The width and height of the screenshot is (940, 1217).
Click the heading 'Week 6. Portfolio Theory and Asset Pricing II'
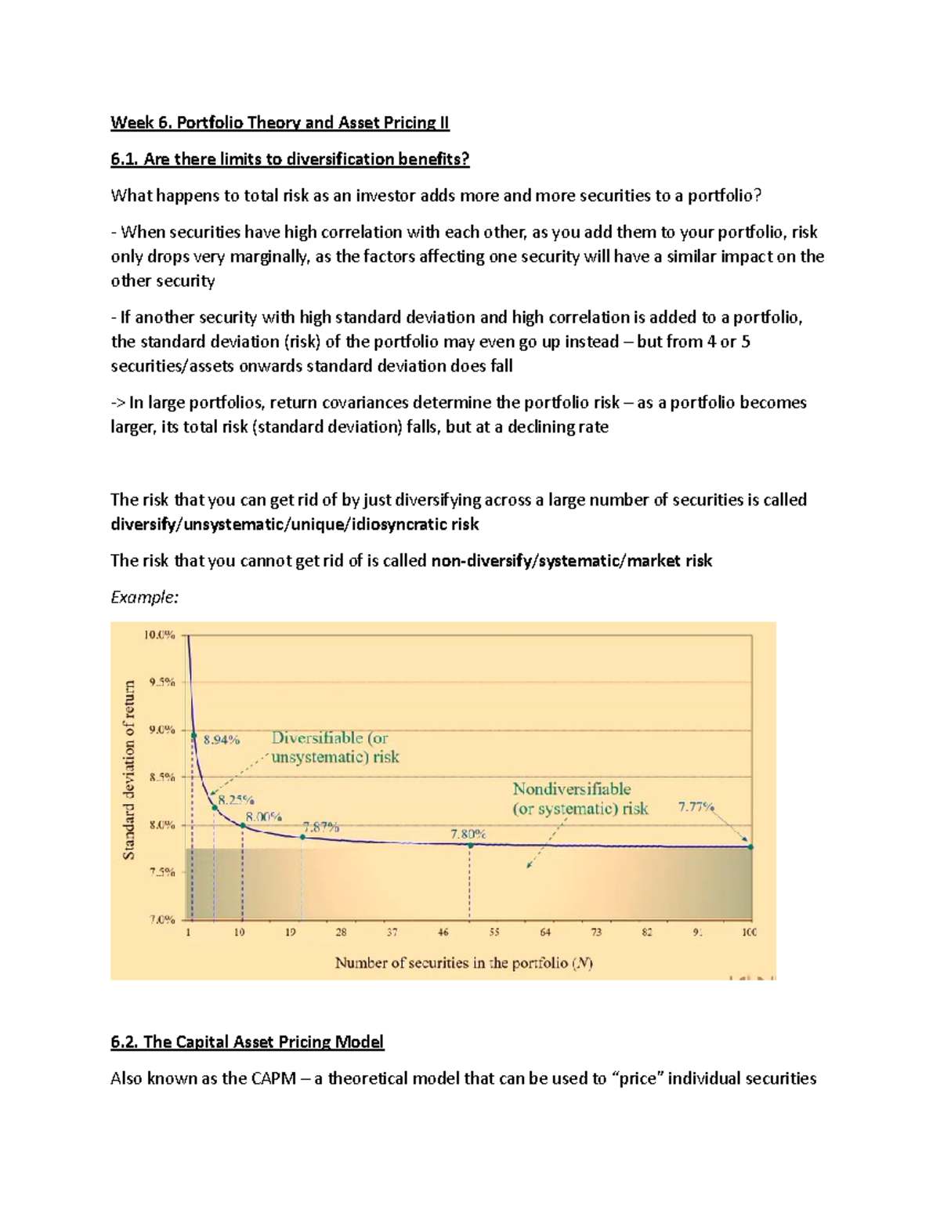[x=280, y=122]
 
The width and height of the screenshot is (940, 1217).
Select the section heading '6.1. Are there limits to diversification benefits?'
[x=290, y=159]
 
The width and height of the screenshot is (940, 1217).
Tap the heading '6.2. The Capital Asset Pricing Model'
[x=247, y=1041]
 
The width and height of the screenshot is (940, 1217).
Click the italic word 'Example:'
[x=144, y=597]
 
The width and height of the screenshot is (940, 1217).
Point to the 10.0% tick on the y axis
[x=159, y=636]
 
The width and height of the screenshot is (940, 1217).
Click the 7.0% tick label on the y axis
[x=161, y=920]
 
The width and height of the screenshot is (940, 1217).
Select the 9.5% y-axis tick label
[x=161, y=683]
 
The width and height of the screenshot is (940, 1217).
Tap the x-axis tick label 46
[x=443, y=933]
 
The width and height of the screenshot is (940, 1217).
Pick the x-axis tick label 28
[x=341, y=933]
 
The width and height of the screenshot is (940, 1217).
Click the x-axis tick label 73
[x=596, y=933]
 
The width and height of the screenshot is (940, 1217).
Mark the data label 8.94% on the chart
[x=222, y=739]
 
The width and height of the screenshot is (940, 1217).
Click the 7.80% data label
[x=468, y=835]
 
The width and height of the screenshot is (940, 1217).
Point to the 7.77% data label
[x=695, y=806]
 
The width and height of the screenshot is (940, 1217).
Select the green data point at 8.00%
[x=243, y=826]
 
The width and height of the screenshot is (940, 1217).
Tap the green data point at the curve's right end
[x=750, y=847]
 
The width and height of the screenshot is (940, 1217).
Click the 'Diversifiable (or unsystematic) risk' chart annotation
[x=334, y=748]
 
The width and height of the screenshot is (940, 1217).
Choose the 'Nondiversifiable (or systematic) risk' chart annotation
[x=580, y=799]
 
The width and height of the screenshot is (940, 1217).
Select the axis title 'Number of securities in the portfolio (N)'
[x=464, y=963]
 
